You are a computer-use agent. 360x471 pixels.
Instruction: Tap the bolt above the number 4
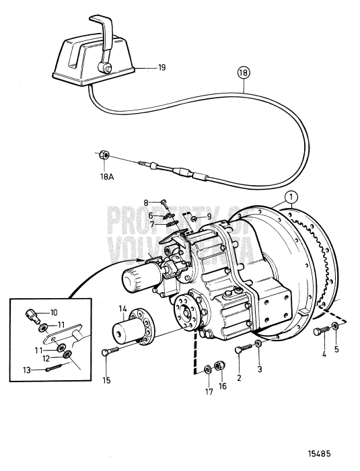pos(321,330)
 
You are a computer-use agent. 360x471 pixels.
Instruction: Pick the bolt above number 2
pos(244,348)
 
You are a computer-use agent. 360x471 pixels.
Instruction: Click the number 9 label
pos(209,216)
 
